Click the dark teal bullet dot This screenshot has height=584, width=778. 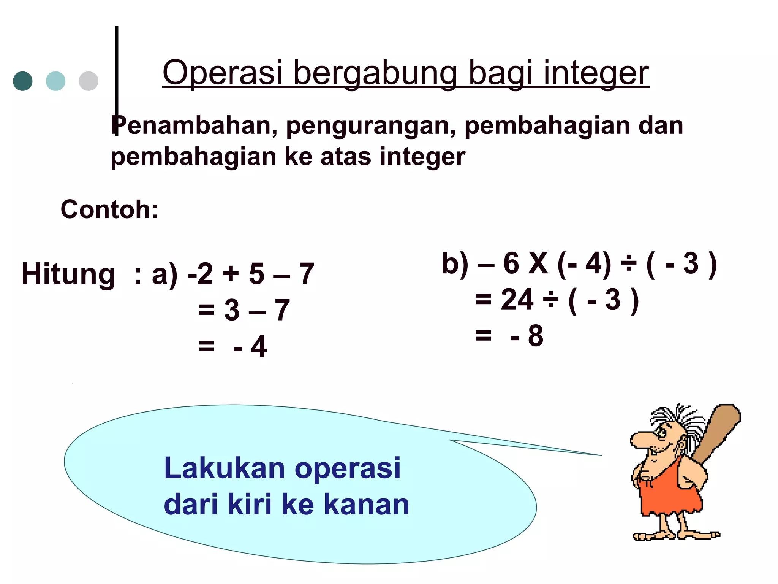[x=23, y=81]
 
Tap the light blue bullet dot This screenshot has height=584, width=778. [x=55, y=81]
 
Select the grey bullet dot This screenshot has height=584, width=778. [x=89, y=81]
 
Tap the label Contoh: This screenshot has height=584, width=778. [x=109, y=209]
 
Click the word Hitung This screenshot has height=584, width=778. [x=68, y=274]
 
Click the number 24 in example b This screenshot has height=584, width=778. [x=517, y=300]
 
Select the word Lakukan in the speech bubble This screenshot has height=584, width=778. [x=224, y=468]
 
